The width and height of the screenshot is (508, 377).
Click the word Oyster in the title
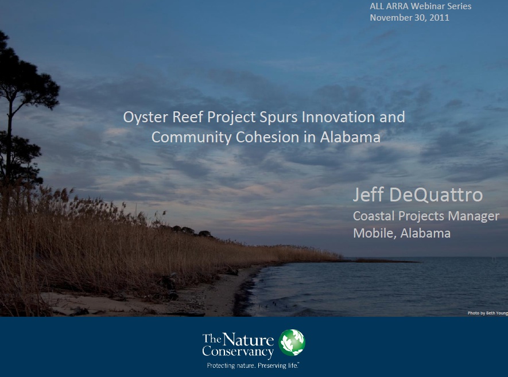click(146, 118)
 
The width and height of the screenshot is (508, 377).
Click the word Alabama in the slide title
click(350, 137)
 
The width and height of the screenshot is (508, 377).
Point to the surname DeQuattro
click(436, 195)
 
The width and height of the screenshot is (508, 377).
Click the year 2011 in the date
click(439, 17)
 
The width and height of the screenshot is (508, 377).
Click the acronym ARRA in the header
click(397, 6)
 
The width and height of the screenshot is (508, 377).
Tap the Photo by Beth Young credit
click(487, 313)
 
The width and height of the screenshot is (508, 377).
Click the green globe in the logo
click(292, 343)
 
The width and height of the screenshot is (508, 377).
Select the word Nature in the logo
click(248, 340)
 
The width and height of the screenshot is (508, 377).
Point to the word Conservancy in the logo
click(238, 352)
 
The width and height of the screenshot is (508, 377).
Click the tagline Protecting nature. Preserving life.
click(253, 366)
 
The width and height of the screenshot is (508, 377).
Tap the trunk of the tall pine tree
click(10, 142)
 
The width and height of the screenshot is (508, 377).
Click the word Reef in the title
click(188, 116)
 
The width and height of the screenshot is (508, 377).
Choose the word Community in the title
click(192, 137)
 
